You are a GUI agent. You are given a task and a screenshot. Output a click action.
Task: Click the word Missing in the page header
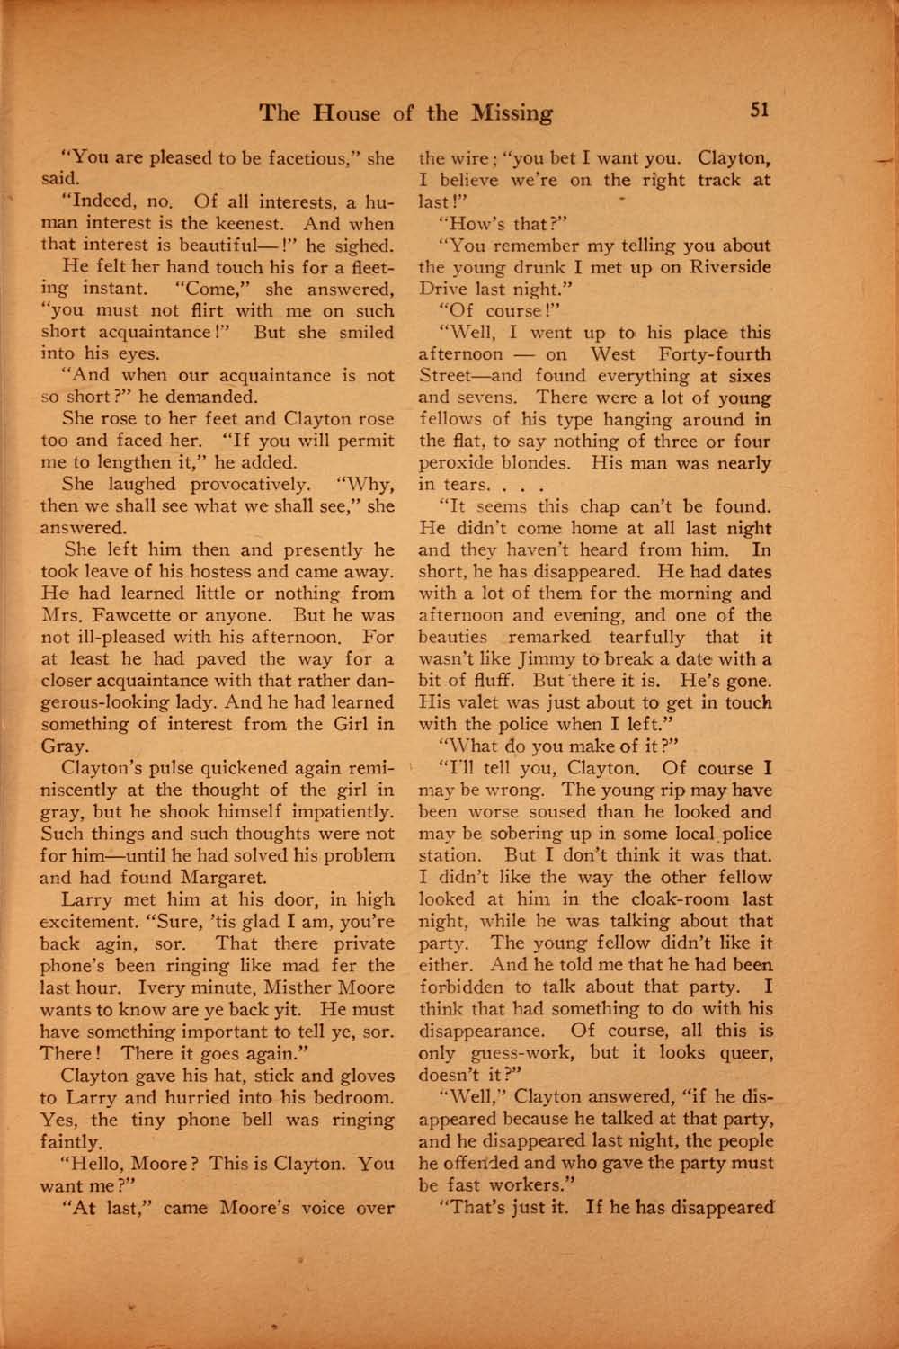coord(509,113)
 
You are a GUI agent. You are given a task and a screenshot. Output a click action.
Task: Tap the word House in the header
coord(350,113)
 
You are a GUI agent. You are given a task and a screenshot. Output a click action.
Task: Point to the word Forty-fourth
coord(713,354)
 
